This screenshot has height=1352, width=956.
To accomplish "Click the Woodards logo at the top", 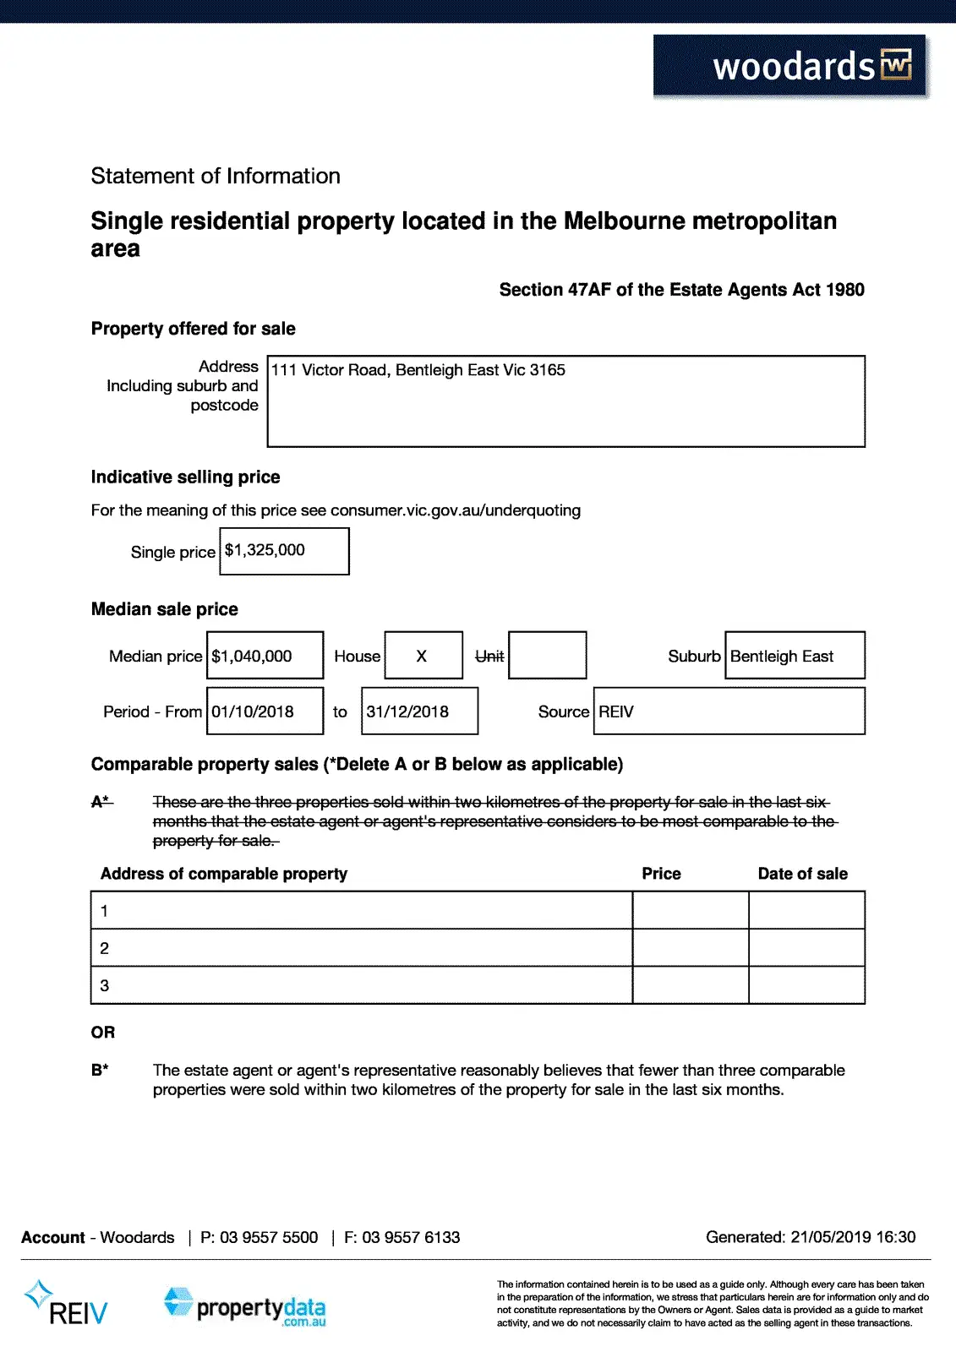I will pos(790,67).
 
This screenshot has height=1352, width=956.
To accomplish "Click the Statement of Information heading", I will pos(216,176).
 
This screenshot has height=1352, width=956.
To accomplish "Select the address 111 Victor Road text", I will pos(418,370).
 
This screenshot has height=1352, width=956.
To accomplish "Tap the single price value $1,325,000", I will pos(265,550).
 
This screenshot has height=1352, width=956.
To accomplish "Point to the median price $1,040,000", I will pos(252,656).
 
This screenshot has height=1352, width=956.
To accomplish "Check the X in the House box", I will pos(422,656).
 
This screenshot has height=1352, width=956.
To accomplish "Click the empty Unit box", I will pos(547,655).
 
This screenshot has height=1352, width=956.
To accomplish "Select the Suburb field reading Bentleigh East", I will pos(782,656).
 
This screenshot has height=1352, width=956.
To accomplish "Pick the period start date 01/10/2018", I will pos(253,711).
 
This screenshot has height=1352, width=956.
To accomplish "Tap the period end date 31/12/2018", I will pos(407,711).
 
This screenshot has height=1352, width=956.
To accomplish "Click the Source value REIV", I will pos(616,711).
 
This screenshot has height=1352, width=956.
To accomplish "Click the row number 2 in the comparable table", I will pos(105,948).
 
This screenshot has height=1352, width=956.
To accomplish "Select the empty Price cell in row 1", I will pos(691,910).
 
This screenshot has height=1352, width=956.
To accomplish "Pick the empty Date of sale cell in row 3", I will pos(806,985).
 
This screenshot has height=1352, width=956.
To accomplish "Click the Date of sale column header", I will pos(802,874).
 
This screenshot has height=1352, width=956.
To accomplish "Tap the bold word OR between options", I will pos(103,1033).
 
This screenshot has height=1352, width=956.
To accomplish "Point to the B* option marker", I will pos(100,1070).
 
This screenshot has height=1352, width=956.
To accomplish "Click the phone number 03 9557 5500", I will pos(269,1237).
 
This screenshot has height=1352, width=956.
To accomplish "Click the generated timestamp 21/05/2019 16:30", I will pos(853,1237).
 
